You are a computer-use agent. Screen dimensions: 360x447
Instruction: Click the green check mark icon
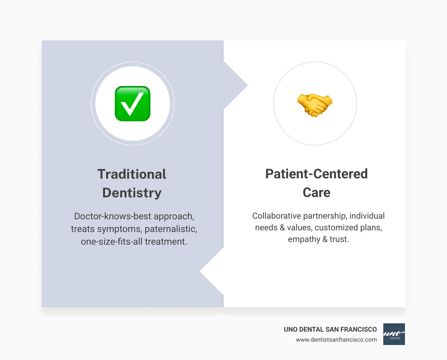point(132,104)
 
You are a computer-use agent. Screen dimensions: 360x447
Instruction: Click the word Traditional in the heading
point(132,174)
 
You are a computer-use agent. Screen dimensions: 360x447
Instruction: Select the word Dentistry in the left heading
point(132,193)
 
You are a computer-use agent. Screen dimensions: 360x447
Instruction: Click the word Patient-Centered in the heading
point(316,174)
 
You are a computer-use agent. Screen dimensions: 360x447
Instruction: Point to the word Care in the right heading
point(316,192)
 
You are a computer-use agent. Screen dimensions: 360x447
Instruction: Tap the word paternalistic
point(170,229)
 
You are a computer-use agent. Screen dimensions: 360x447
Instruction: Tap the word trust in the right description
point(338,239)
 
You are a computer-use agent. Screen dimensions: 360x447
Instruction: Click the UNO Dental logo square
point(394,334)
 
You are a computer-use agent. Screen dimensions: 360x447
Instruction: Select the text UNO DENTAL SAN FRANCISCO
point(330,329)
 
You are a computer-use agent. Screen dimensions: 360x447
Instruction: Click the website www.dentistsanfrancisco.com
point(336,340)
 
